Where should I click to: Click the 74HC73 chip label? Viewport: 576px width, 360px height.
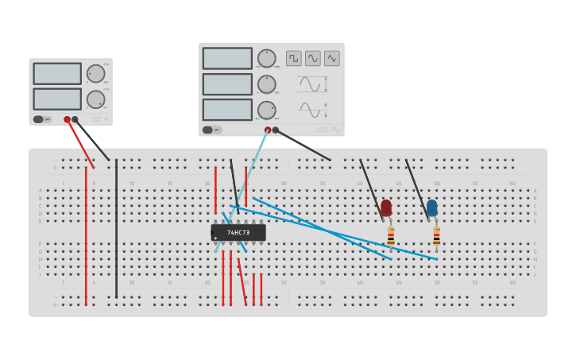pyautogui.click(x=238, y=233)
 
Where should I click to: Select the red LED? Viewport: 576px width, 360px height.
pyautogui.click(x=386, y=208)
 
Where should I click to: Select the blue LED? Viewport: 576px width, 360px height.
pyautogui.click(x=431, y=208)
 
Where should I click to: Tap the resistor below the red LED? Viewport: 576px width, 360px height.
pyautogui.click(x=390, y=236)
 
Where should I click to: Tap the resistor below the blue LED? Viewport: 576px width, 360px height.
pyautogui.click(x=436, y=236)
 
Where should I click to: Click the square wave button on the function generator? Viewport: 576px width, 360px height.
pyautogui.click(x=294, y=58)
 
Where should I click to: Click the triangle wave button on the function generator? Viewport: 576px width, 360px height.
pyautogui.click(x=331, y=58)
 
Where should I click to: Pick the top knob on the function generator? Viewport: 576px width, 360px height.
pyautogui.click(x=266, y=58)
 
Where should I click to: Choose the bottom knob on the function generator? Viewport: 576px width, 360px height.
pyautogui.click(x=266, y=110)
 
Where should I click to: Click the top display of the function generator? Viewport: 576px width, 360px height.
pyautogui.click(x=227, y=58)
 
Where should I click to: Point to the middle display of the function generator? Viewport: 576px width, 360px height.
pyautogui.click(x=227, y=84)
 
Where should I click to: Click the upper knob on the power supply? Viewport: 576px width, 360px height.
pyautogui.click(x=95, y=73)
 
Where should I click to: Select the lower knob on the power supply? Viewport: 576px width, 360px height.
pyautogui.click(x=95, y=99)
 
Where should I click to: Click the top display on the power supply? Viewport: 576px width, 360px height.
pyautogui.click(x=57, y=74)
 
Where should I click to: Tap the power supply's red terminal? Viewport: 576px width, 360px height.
pyautogui.click(x=67, y=119)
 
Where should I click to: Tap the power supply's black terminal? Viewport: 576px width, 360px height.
pyautogui.click(x=75, y=119)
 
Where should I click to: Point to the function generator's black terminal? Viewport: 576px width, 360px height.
pyautogui.click(x=275, y=130)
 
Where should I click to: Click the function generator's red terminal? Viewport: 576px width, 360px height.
pyautogui.click(x=268, y=130)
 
